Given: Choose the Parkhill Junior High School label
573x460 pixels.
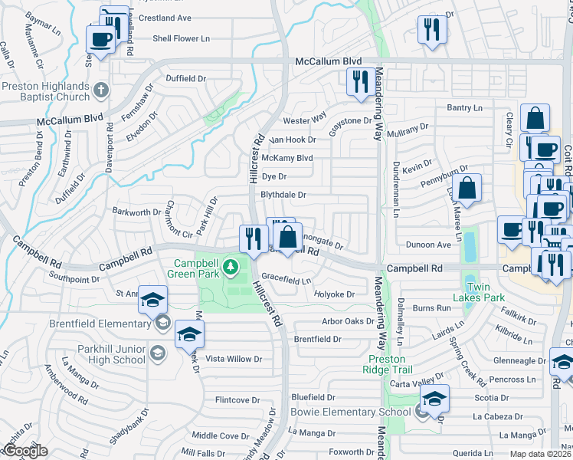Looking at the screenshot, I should pos(111,353).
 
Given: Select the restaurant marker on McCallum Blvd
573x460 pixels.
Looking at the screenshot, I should pos(359,81).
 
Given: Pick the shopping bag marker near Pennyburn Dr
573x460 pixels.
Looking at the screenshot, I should pos(466,189).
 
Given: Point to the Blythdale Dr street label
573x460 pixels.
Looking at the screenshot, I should pos(283,195).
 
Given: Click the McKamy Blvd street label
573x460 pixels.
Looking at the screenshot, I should pos(287,158).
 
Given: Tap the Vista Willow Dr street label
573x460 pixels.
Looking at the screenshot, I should pos(234,359).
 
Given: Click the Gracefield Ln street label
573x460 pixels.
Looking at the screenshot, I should pos(286,281).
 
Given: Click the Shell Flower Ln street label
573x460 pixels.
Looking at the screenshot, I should pos(181,38).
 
